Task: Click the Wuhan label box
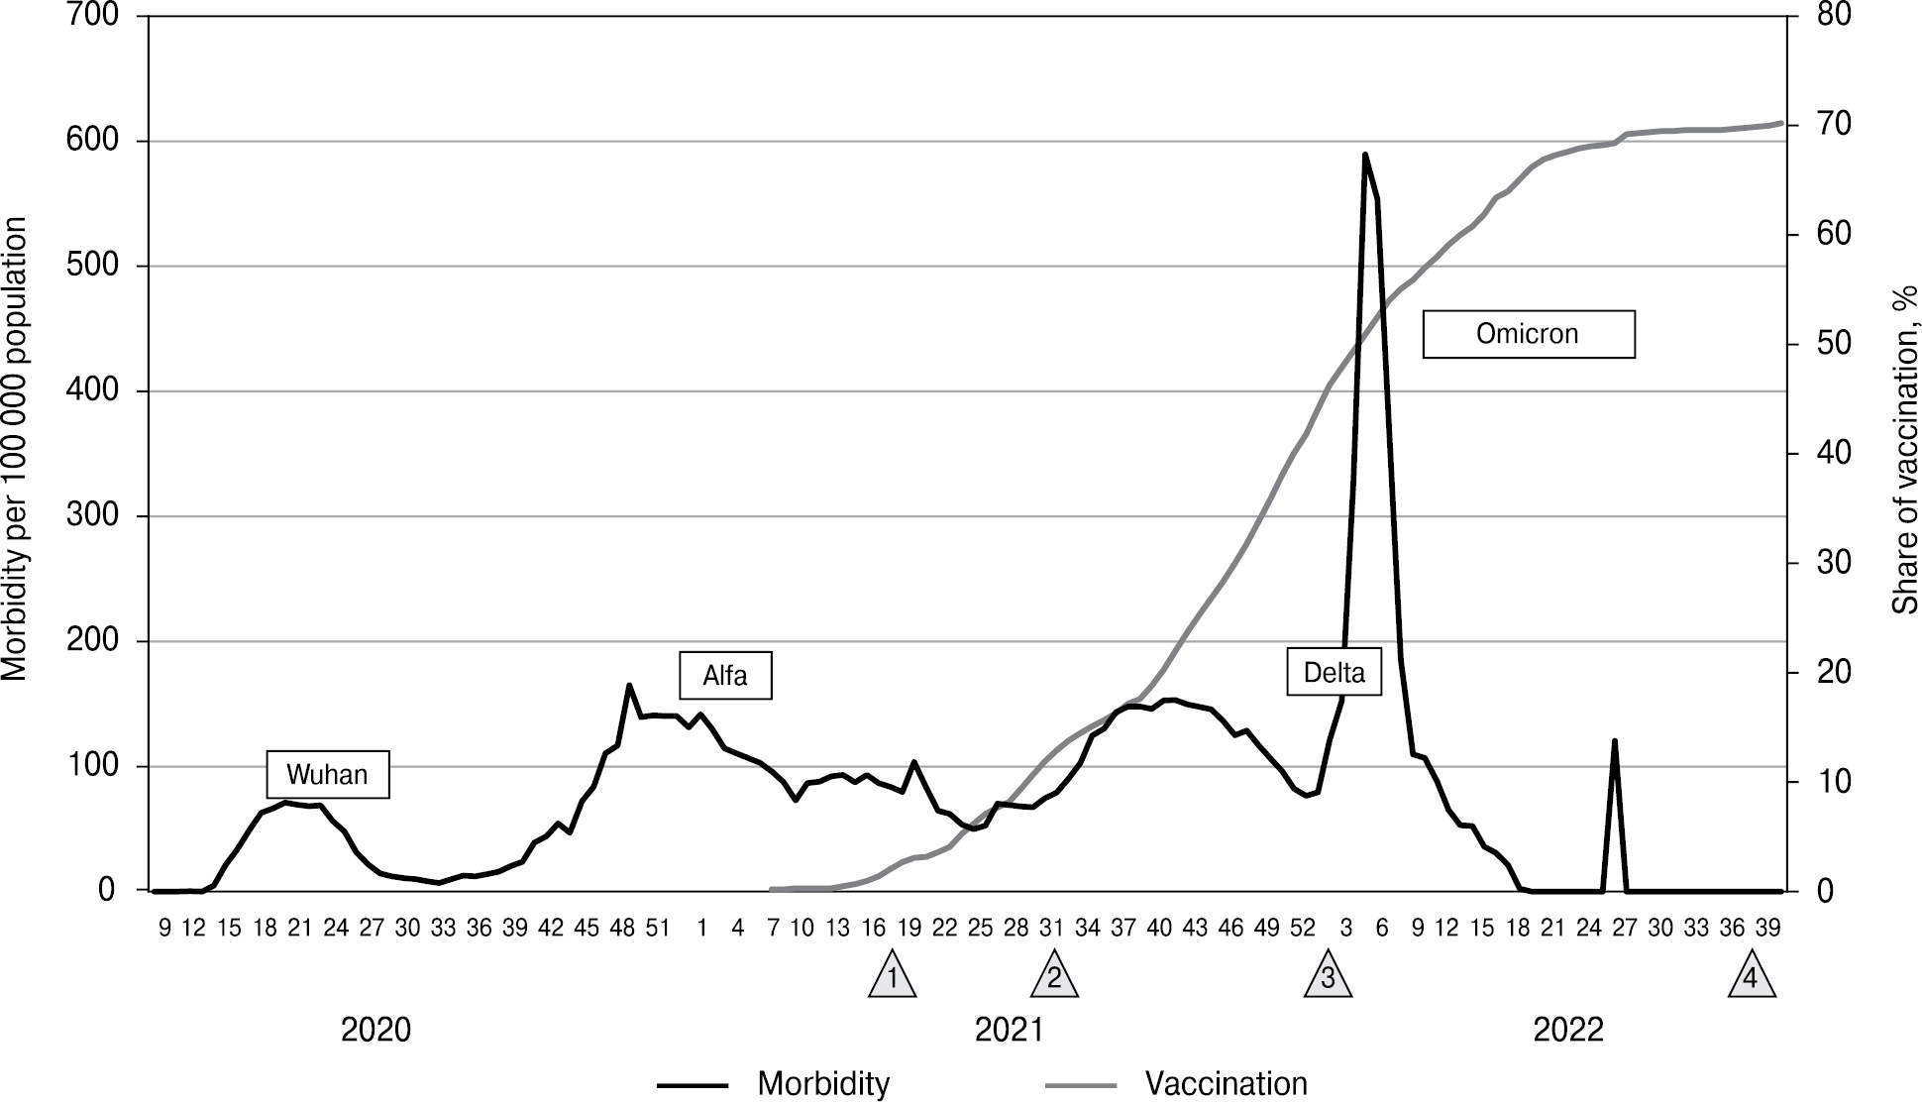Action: (327, 774)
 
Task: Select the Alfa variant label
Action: (724, 676)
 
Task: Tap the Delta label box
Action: (1334, 673)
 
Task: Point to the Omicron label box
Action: (1528, 334)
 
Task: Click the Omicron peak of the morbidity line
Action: (1364, 155)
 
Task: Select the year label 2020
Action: (375, 1031)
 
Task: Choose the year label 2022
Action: (1568, 1031)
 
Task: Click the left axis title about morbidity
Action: (16, 449)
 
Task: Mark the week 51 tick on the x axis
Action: (658, 929)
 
